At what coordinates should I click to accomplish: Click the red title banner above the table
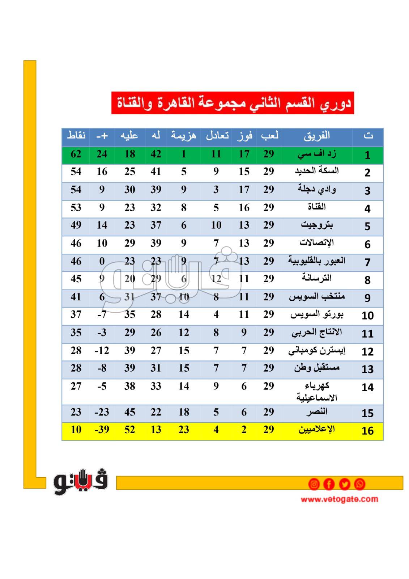click(232, 103)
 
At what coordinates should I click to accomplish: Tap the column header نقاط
click(76, 136)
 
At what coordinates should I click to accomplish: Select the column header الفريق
click(316, 136)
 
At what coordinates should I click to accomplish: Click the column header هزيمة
click(183, 136)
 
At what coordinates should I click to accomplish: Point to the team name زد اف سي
click(316, 154)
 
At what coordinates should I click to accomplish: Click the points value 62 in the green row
click(76, 154)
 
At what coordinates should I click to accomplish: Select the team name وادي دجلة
click(316, 189)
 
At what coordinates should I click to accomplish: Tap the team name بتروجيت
click(316, 225)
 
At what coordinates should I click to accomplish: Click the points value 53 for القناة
click(76, 207)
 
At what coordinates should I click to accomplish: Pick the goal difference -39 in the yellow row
click(102, 430)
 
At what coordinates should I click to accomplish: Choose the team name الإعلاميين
click(316, 430)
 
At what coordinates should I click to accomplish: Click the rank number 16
click(367, 431)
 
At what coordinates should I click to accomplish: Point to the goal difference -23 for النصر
click(102, 412)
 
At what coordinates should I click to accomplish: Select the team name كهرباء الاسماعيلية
click(316, 392)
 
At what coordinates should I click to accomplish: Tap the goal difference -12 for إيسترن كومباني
click(102, 350)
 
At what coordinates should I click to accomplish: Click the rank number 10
click(367, 316)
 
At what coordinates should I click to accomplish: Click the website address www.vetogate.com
click(339, 499)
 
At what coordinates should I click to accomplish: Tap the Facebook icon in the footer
click(329, 484)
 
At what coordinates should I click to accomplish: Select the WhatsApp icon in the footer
click(359, 484)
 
